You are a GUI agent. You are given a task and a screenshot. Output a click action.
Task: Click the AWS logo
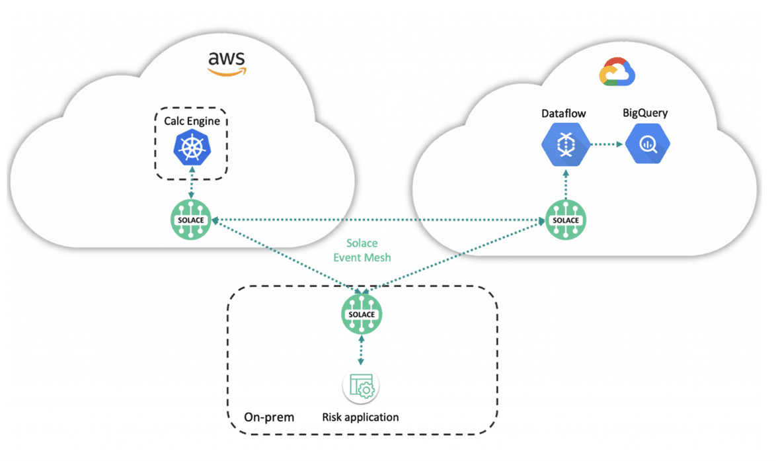point(226,63)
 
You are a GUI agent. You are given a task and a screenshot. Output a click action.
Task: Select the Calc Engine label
point(192,121)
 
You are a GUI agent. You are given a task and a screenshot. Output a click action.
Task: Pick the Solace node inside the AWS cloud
point(192,219)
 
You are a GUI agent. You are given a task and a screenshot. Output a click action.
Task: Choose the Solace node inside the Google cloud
point(566,220)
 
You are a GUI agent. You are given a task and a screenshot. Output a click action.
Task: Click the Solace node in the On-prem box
point(361,314)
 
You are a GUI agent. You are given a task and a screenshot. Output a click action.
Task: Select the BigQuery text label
point(645,112)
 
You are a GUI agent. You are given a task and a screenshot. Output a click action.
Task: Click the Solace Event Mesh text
point(362,251)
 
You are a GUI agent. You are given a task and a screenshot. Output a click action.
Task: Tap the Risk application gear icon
point(361,386)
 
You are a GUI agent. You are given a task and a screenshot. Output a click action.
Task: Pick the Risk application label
point(361,417)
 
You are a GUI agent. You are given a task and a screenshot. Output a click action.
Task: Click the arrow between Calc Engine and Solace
point(192,184)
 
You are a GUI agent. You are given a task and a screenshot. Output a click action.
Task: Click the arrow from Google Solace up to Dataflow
point(565,185)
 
